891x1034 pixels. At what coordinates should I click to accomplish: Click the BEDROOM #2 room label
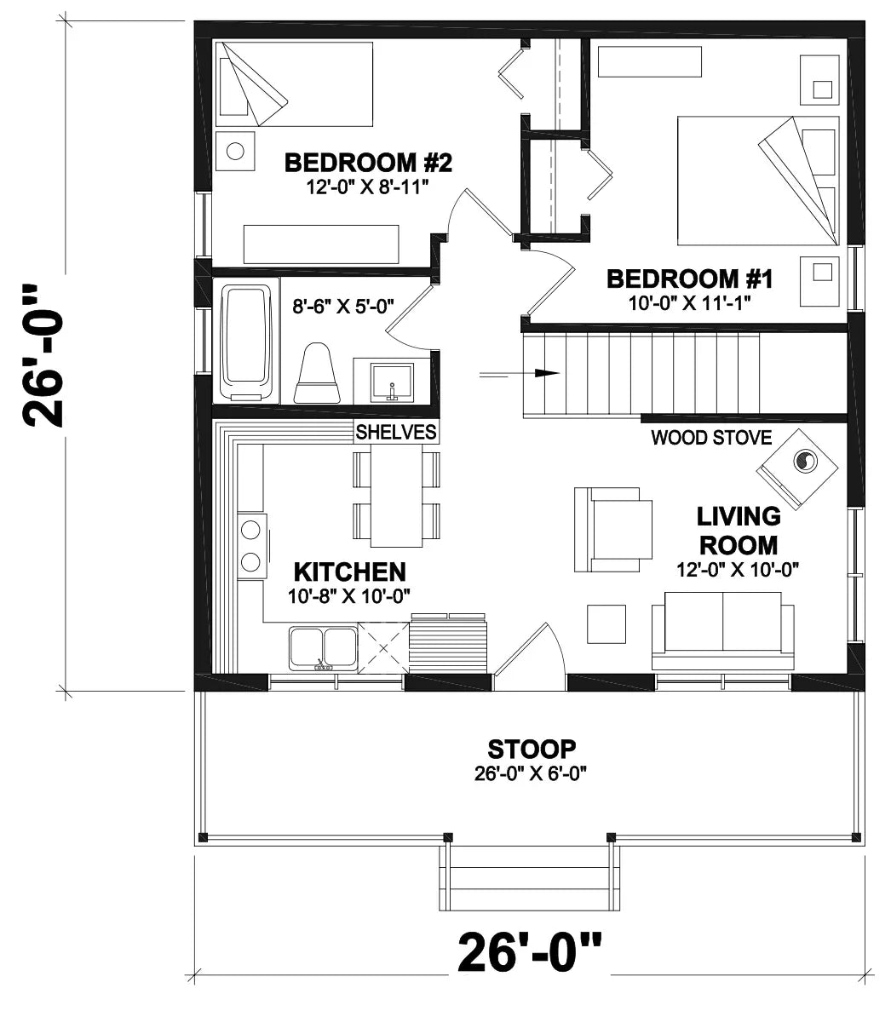coord(367,162)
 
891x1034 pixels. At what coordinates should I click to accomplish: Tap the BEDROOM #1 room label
coord(689,278)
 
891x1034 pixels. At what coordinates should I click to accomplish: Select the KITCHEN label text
coord(349,571)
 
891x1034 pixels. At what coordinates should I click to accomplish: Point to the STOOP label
coord(532,750)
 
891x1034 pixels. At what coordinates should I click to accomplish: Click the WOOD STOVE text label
coord(711,438)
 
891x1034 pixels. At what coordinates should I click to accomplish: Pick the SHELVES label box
coord(396,432)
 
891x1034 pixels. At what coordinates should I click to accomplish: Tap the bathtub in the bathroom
coord(249,342)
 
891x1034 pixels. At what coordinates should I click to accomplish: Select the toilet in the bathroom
coord(318,375)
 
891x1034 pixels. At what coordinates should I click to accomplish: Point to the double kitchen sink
coord(323,648)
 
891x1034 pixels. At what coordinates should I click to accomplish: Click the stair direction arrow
coord(520,373)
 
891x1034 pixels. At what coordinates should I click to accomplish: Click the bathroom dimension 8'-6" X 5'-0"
coord(343,306)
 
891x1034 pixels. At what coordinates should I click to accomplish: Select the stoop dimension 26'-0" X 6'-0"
coord(532,773)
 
